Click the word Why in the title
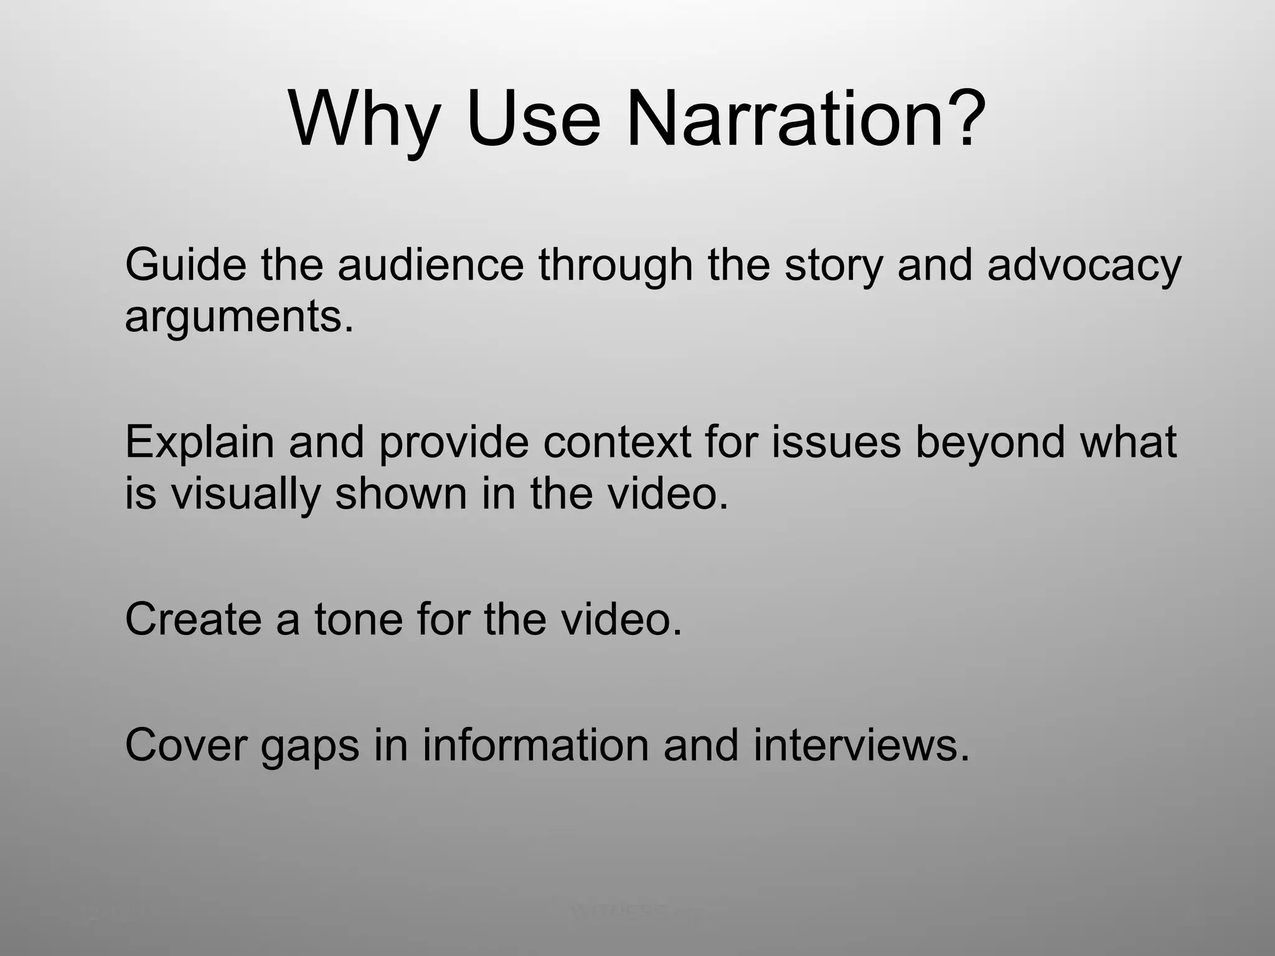point(364,119)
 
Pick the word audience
point(431,265)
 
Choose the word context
point(616,442)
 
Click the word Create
point(193,619)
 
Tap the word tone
point(359,619)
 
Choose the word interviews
point(861,745)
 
